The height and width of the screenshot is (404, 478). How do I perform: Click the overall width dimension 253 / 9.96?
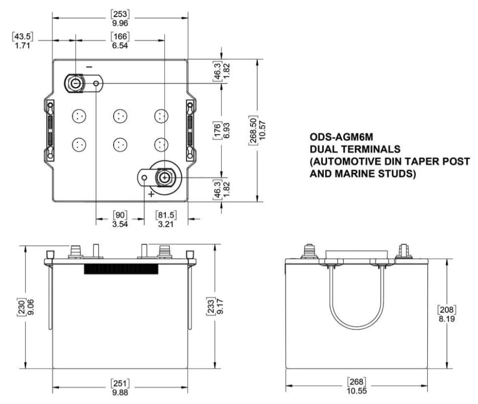click(x=121, y=18)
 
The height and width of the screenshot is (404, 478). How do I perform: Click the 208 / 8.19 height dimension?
click(x=446, y=313)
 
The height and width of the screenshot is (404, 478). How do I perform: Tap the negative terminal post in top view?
click(x=75, y=84)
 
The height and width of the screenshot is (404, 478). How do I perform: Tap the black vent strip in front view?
click(x=121, y=269)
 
